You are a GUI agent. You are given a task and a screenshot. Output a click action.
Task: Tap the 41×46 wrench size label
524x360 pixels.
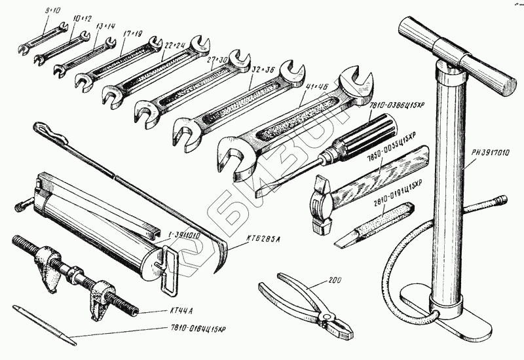(303, 86)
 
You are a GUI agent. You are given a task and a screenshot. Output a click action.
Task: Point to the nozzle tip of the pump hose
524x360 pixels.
(500, 199)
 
